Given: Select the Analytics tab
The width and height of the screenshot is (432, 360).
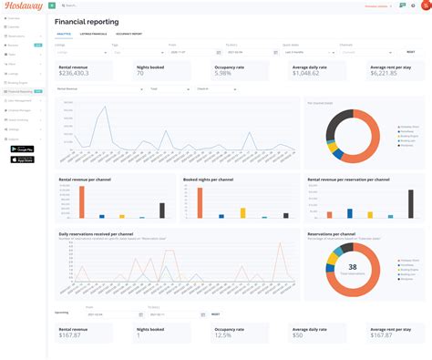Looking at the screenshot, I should click(x=64, y=33).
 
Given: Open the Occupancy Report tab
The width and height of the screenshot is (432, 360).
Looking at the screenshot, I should click(x=129, y=33).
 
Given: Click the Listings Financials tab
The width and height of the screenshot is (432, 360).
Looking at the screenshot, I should click(x=94, y=33).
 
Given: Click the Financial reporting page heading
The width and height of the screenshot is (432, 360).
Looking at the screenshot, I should click(x=86, y=20).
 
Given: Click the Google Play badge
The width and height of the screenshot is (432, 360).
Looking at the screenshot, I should click(x=22, y=149).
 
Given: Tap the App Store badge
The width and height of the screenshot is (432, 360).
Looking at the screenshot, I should click(x=22, y=159).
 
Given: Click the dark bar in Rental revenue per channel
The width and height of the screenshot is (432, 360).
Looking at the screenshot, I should click(x=162, y=210).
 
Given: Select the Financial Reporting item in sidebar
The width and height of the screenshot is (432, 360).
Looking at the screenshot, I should click(x=24, y=92).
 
